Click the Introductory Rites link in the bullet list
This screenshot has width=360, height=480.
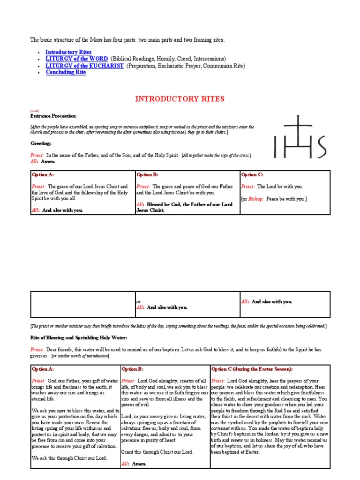[x=68, y=52]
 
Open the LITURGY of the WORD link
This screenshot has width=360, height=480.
[x=76, y=59]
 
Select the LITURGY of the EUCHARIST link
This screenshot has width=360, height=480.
[x=84, y=66]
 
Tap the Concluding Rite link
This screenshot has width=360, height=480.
[x=66, y=72]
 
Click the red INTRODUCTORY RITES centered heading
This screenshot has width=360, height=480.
[x=180, y=99]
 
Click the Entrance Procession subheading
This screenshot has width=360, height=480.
[x=53, y=116]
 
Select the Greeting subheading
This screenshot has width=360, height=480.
[x=41, y=143]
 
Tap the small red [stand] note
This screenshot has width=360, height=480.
[x=35, y=111]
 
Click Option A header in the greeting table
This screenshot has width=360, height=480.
[x=43, y=175]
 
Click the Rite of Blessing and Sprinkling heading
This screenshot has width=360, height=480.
[x=79, y=337]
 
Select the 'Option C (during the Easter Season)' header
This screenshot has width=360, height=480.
[x=256, y=369]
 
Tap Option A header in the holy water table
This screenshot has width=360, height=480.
[x=43, y=369]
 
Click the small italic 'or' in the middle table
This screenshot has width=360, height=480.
[x=138, y=302]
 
